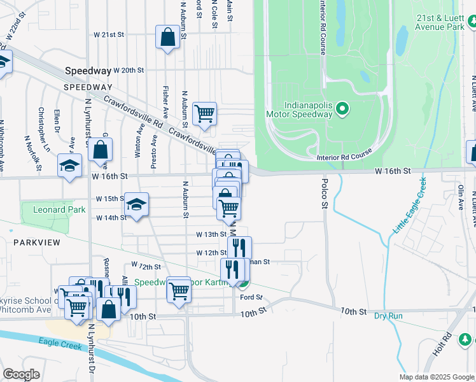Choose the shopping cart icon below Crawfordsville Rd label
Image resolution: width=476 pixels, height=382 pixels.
tap(205, 114)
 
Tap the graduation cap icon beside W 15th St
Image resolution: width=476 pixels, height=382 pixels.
tap(136, 204)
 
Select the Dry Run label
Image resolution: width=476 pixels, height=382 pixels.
tap(388, 316)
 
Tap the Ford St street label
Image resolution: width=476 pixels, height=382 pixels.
tap(251, 297)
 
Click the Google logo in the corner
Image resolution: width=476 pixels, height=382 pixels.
tap(21, 374)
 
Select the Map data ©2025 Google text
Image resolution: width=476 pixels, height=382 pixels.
tap(437, 377)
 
